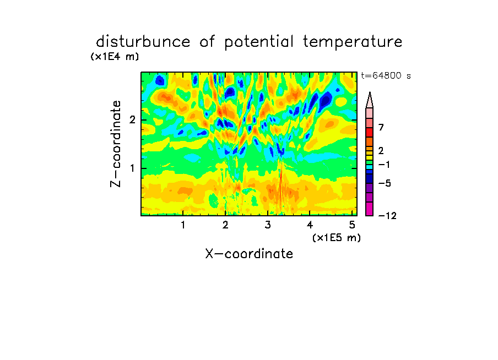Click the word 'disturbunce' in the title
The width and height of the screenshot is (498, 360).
click(143, 42)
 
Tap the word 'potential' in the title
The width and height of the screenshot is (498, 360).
click(259, 42)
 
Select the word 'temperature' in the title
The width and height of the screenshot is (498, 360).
click(353, 42)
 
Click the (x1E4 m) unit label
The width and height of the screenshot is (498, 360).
click(115, 57)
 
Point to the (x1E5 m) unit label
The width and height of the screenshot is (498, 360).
click(337, 237)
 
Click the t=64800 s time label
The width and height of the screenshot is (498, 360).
click(386, 75)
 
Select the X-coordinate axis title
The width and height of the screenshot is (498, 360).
click(249, 254)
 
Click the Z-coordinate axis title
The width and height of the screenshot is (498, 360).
click(116, 144)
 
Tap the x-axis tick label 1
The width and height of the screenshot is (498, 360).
click(183, 225)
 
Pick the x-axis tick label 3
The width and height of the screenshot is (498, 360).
click(268, 225)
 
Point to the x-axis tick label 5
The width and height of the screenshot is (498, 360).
click(352, 225)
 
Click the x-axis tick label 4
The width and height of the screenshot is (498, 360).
click(310, 225)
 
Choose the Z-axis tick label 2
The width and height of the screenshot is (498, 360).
click(132, 120)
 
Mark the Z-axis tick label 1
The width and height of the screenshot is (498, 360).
click(132, 168)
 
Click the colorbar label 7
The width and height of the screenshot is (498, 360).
click(381, 127)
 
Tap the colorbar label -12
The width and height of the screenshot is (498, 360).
click(387, 216)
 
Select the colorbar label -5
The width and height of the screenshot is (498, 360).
click(385, 183)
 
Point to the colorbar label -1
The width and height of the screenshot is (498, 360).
click(384, 165)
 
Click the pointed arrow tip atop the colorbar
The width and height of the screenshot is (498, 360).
click(370, 92)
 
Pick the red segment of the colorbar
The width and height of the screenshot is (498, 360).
click(370, 132)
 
